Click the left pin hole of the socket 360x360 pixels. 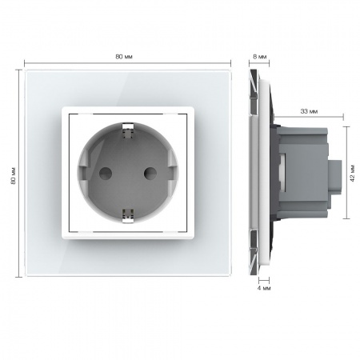pos(106,174)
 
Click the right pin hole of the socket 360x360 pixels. pos(150,174)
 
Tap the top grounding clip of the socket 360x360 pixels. pos(127,130)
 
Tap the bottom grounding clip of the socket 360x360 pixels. pos(127,216)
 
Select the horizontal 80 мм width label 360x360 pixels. pos(124,57)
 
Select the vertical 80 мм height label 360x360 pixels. pos(13,176)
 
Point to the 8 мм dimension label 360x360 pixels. pos(259,57)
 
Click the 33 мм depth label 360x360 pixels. pos(309,111)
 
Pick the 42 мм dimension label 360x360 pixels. pos(353,174)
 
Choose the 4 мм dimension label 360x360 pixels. pos(264,288)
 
